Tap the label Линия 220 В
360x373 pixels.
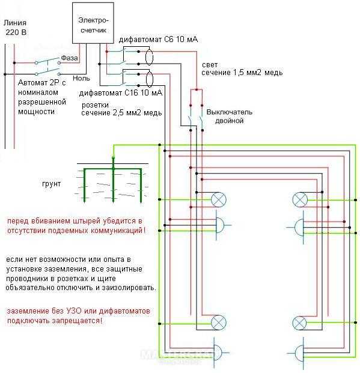click(15, 28)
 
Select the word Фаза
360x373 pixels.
click(69, 58)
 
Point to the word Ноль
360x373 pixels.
click(81, 78)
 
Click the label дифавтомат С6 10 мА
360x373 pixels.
click(158, 40)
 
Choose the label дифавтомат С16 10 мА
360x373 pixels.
click(121, 92)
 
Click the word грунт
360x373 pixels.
click(52, 184)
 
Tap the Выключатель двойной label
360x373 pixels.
click(230, 117)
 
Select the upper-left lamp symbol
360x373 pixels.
click(219, 199)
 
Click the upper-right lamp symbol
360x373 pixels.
click(300, 199)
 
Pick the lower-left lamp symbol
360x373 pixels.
click(219, 323)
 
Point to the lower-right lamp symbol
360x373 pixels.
click(299, 323)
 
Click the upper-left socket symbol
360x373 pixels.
click(221, 225)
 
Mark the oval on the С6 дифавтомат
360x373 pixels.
click(149, 56)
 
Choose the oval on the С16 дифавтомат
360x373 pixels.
click(149, 79)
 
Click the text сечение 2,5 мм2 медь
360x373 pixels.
click(121, 112)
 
